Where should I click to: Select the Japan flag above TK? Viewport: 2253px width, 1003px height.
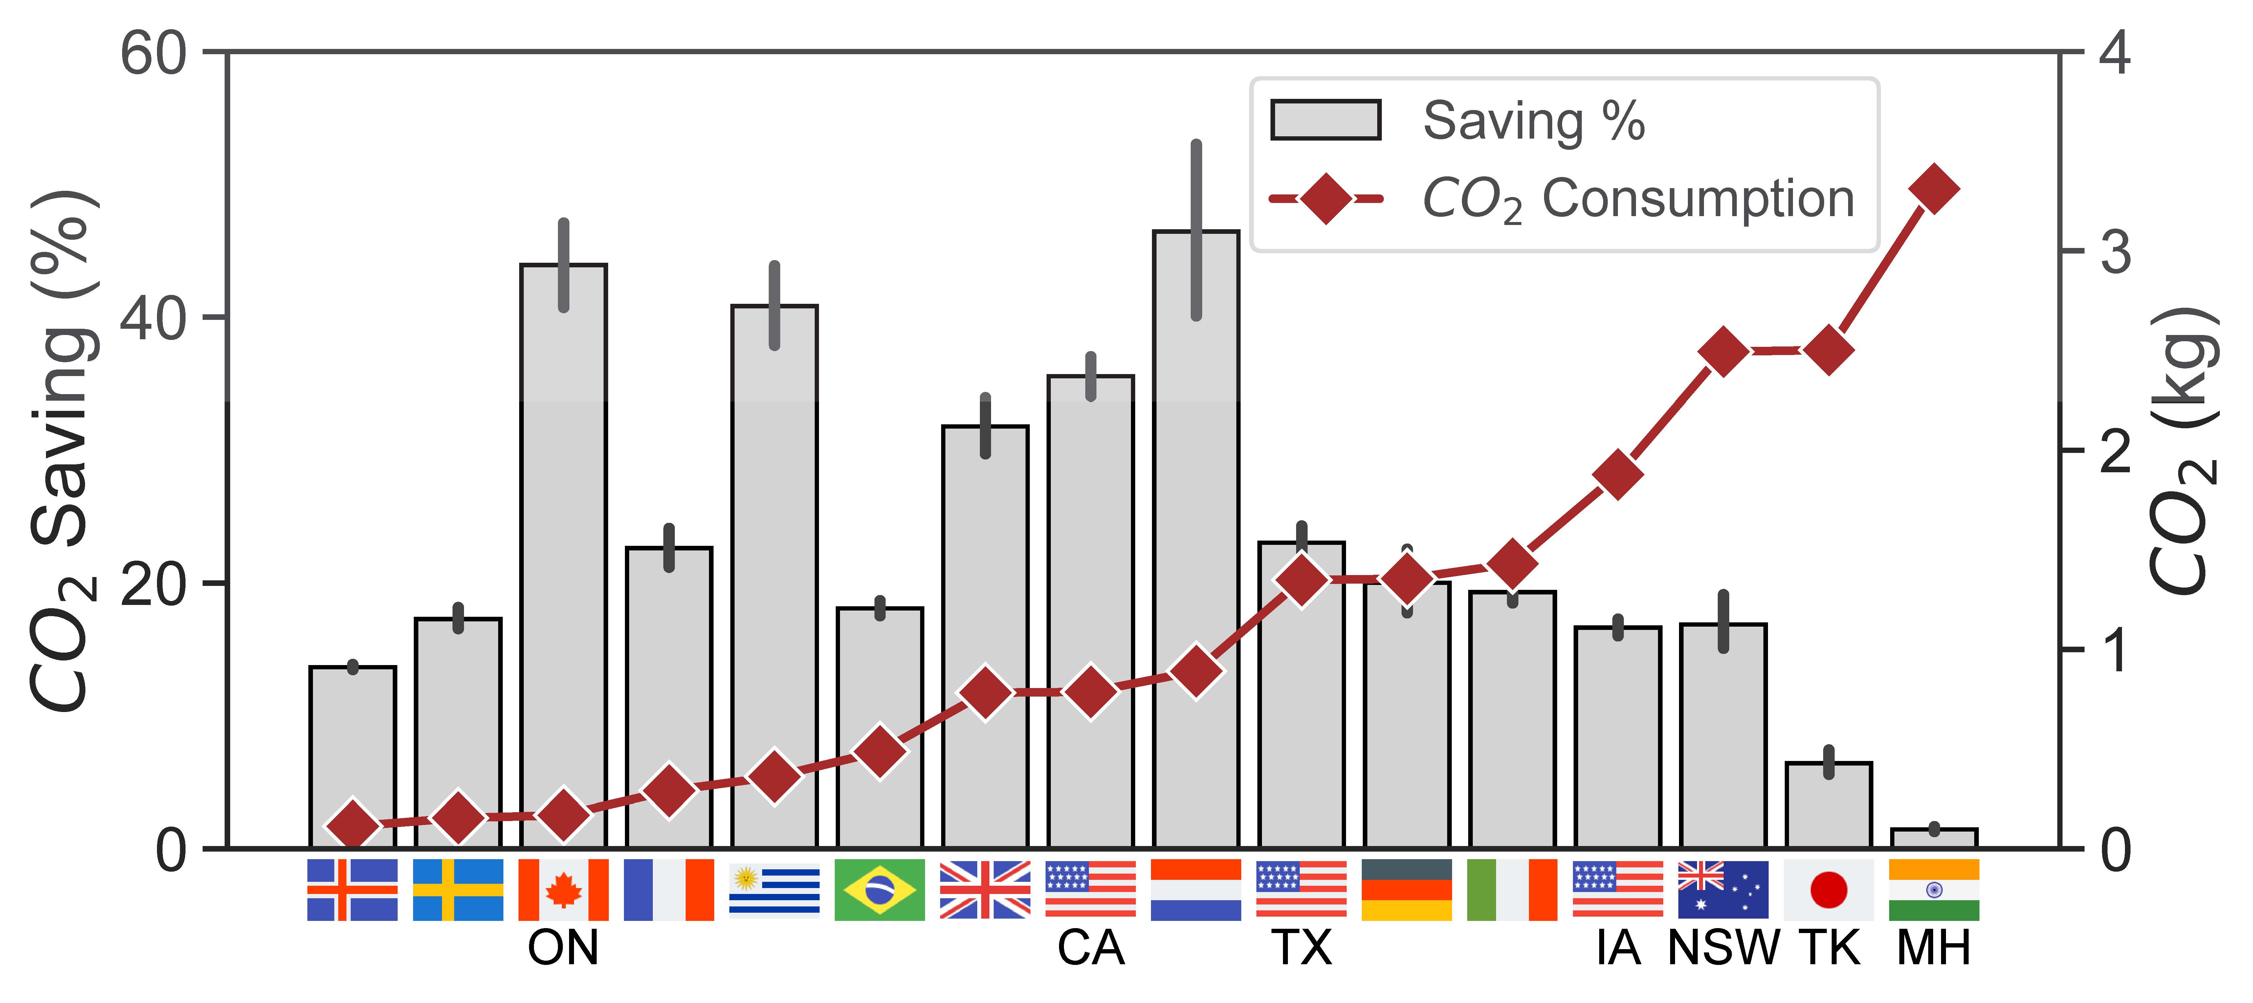[x=1828, y=889]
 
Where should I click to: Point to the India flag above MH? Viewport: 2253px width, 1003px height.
[x=1934, y=889]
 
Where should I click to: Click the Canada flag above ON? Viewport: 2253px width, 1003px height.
[x=563, y=889]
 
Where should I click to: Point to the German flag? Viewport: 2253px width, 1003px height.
[x=1406, y=889]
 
